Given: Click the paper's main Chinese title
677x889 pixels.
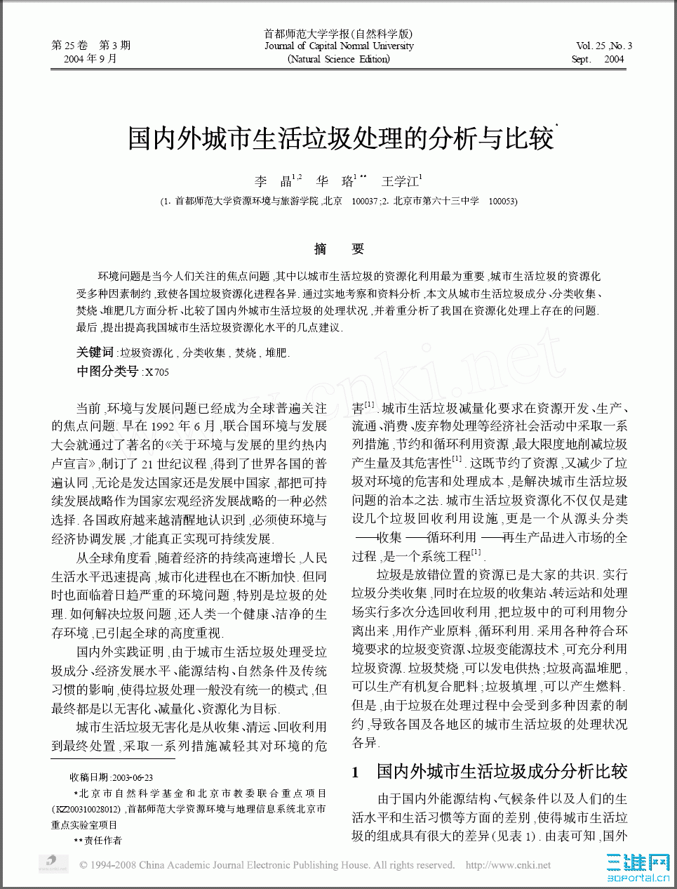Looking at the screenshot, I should (341, 138).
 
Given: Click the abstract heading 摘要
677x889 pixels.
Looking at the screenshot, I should (339, 249).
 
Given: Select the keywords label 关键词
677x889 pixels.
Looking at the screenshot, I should (95, 353).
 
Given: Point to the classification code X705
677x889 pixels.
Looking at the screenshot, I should (157, 372).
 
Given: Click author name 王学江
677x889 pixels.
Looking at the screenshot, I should (400, 181).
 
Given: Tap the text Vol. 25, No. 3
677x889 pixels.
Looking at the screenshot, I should (604, 46).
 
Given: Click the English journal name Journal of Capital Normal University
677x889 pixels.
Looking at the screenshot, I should (339, 46).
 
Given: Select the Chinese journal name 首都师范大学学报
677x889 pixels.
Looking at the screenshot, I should (339, 34).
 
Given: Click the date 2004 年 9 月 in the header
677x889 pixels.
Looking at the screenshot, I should (91, 59).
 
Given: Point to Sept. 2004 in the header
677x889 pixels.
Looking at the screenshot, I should (598, 59).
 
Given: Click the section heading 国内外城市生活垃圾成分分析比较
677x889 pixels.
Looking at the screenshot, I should (502, 772).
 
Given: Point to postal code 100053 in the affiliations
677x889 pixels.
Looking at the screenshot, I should (502, 201).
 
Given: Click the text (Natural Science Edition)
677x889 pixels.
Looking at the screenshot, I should (339, 59).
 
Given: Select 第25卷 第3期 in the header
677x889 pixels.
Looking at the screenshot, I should (91, 46).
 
